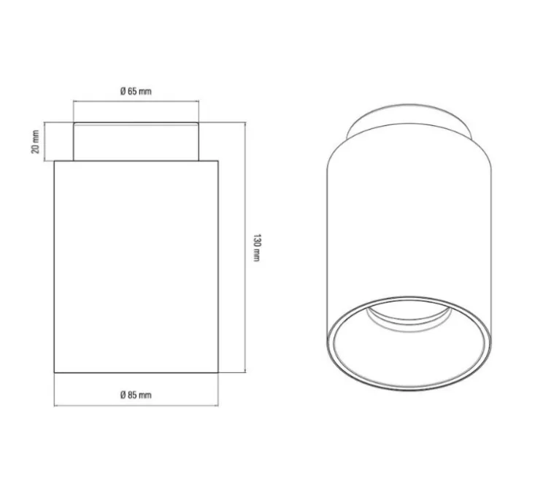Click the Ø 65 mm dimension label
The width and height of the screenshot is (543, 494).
135,91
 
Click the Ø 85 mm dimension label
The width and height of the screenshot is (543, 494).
135,394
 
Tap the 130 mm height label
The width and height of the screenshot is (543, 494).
256,248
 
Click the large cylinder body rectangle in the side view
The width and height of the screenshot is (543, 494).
136,266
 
